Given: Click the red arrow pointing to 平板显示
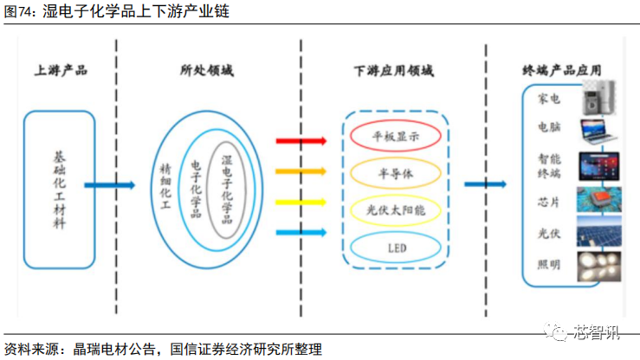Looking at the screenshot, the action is click(x=301, y=141).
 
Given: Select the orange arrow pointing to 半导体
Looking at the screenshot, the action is click(x=301, y=171).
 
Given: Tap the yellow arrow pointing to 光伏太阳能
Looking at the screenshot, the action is click(x=301, y=202).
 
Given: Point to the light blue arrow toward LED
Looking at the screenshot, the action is click(x=301, y=233).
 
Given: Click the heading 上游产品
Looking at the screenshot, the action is click(x=61, y=71).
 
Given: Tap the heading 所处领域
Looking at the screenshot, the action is click(x=207, y=71).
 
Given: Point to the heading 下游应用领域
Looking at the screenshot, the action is click(x=394, y=71).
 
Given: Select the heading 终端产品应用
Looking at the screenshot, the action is click(x=562, y=71).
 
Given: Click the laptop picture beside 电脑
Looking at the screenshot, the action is click(x=598, y=132).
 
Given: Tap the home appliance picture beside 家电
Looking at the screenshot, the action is click(x=598, y=98).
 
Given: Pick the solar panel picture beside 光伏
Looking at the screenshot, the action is click(x=599, y=231).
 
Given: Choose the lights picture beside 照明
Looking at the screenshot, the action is click(x=599, y=267).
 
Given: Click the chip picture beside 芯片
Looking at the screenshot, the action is click(x=599, y=200).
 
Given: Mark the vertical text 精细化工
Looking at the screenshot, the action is click(x=165, y=186).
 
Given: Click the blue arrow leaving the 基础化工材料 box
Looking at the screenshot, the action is click(x=109, y=185).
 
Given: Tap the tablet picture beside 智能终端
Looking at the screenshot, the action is click(x=599, y=166).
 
